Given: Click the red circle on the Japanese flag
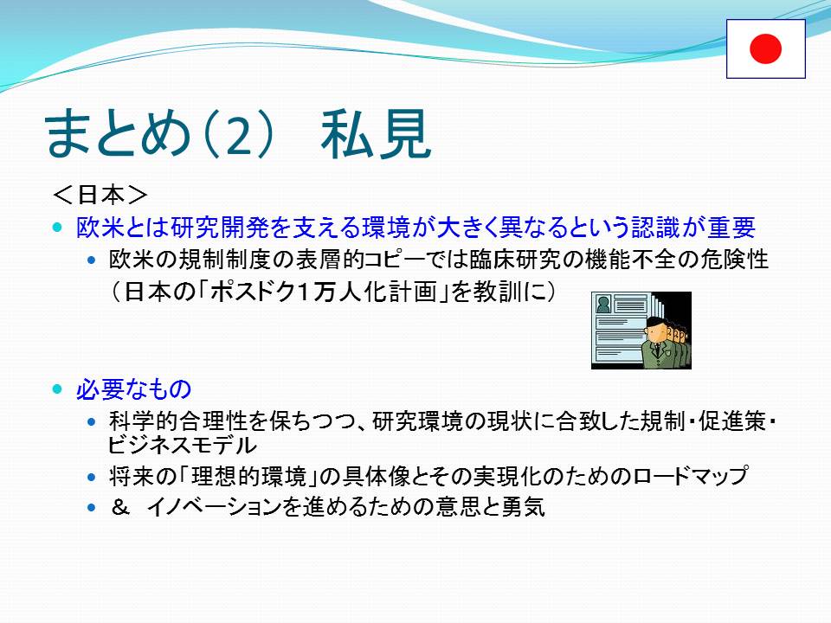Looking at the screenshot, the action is pyautogui.click(x=765, y=48).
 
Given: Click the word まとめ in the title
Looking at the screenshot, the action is pyautogui.click(x=117, y=133).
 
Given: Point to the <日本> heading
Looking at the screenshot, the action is pyautogui.click(x=100, y=195).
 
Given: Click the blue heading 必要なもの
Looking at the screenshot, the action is pyautogui.click(x=133, y=389).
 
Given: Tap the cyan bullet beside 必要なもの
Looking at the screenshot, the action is pyautogui.click(x=58, y=389).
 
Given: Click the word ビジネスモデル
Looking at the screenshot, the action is pyautogui.click(x=182, y=445).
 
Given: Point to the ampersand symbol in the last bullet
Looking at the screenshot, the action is pyautogui.click(x=119, y=508).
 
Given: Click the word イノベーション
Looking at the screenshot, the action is pyautogui.click(x=214, y=508).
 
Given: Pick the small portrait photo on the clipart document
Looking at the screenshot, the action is pyautogui.click(x=603, y=305).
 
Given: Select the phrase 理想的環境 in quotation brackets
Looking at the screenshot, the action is pyautogui.click(x=248, y=476).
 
